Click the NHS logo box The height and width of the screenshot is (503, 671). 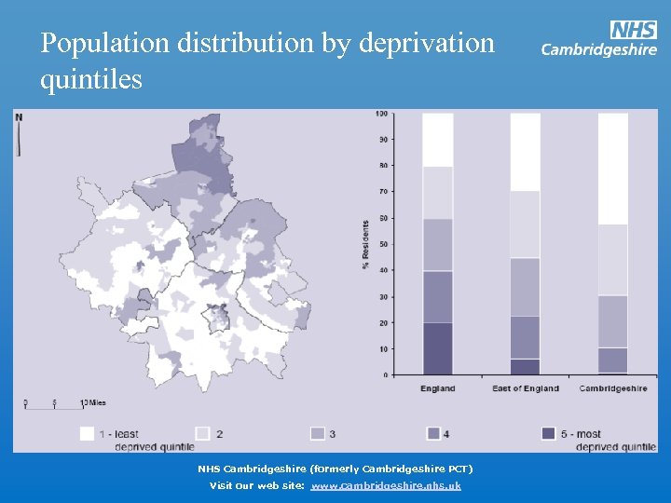coord(634,30)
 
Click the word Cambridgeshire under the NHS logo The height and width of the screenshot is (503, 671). coord(599,50)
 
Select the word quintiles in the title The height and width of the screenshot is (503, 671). coord(91,80)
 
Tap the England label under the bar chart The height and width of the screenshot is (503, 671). coord(437,388)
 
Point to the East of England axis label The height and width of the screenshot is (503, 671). coord(526,388)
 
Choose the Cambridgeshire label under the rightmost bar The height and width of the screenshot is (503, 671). coord(613,388)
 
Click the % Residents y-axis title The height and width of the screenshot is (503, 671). coord(365,246)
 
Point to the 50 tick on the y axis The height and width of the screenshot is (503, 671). coord(381,244)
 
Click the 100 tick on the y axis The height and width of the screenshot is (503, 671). coord(381,114)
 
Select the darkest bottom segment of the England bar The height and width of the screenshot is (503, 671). coord(437,348)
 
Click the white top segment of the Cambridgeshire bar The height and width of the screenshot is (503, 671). coord(613,169)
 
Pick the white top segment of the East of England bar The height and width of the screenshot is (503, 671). coord(526,152)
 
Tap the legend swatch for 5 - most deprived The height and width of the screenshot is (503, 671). coord(549,433)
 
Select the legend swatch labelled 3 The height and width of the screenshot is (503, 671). coord(317,433)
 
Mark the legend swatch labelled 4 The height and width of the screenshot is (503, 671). coord(433,433)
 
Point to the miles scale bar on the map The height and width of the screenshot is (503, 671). coord(56,404)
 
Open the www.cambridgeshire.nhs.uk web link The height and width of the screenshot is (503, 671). coord(386,485)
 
